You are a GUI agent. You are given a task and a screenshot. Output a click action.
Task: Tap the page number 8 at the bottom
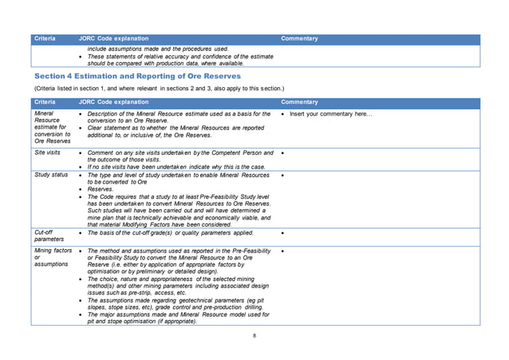254,335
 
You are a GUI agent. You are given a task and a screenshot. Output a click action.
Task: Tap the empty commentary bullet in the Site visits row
283,152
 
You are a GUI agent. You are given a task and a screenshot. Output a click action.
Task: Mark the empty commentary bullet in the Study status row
283,174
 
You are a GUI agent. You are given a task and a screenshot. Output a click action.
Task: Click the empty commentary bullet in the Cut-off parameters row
283,233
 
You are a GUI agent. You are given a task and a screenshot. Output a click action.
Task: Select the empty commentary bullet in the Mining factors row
283,251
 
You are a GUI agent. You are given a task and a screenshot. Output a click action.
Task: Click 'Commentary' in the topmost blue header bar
299,38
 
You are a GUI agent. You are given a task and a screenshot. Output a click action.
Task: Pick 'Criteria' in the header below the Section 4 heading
44,102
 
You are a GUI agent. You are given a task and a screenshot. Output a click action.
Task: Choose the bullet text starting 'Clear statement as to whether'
176,129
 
